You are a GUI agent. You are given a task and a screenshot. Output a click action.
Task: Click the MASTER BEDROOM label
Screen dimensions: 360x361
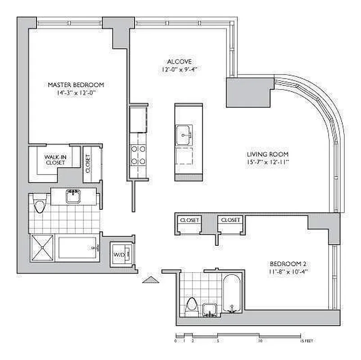pyautogui.click(x=76, y=85)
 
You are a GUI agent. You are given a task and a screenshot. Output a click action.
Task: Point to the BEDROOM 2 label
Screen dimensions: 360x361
pyautogui.click(x=288, y=264)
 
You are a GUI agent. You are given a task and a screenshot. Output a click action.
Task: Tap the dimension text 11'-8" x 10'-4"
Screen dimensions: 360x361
pyautogui.click(x=288, y=272)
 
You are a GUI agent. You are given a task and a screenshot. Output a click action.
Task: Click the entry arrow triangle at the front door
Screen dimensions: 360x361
pyautogui.click(x=151, y=280)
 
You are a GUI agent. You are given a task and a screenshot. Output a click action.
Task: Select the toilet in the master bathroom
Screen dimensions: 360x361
pyautogui.click(x=40, y=205)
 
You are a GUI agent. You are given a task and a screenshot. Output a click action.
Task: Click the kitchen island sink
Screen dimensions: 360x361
pyautogui.click(x=184, y=133)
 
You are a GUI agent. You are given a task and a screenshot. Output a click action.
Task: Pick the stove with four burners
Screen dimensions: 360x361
pyautogui.click(x=138, y=155)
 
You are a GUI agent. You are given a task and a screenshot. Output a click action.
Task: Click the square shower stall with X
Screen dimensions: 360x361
pyautogui.click(x=42, y=248)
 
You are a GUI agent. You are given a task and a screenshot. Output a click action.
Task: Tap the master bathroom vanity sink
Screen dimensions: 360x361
pyautogui.click(x=72, y=196)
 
